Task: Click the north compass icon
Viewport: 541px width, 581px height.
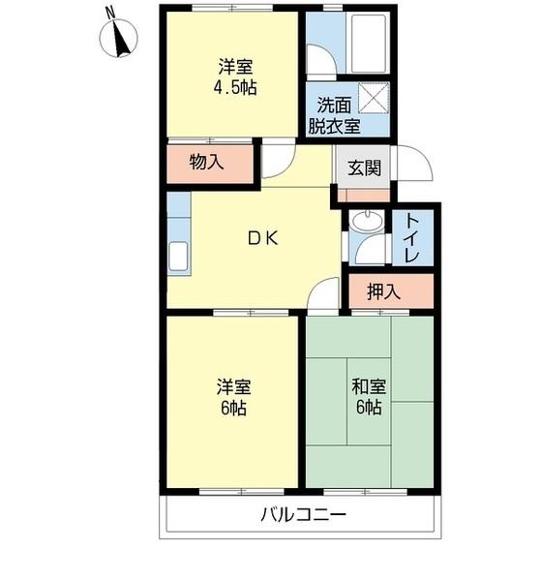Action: pyautogui.click(x=120, y=37)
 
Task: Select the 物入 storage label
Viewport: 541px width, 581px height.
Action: pyautogui.click(x=206, y=163)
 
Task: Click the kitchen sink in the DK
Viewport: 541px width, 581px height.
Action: pyautogui.click(x=179, y=256)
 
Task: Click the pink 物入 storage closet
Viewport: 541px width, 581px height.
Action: pyautogui.click(x=208, y=163)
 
